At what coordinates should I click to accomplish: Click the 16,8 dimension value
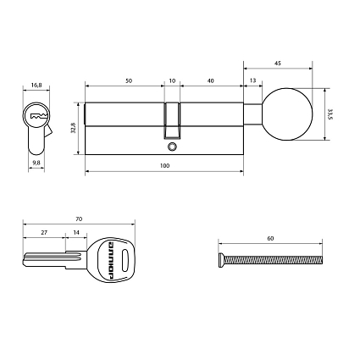click(36, 85)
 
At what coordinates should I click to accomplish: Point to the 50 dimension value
click(128, 80)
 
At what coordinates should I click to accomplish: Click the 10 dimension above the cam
click(172, 80)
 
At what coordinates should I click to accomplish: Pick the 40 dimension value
click(211, 80)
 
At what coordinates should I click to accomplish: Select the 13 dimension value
click(253, 80)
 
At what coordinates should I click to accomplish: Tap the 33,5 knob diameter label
click(328, 113)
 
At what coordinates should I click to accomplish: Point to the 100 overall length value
click(164, 165)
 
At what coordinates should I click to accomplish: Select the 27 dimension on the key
click(44, 231)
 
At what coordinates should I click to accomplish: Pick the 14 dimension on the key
click(76, 231)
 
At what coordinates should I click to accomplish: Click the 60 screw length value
click(270, 239)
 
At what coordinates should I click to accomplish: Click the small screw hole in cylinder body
click(172, 147)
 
